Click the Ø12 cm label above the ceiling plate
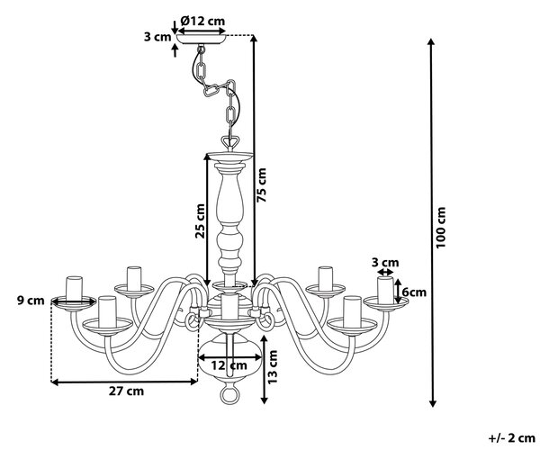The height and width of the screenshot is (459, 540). point(202,21)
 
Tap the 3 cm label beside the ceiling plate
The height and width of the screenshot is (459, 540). point(157,37)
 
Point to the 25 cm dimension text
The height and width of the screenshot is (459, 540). point(200,221)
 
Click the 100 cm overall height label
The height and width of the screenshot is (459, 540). point(441,228)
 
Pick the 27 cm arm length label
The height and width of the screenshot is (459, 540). point(126,391)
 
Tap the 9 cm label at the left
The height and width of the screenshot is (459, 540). point(31,301)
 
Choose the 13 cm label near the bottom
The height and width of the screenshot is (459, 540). point(272,367)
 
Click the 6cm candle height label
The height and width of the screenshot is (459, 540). point(414,292)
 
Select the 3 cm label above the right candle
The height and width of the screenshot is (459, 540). point(385,263)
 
